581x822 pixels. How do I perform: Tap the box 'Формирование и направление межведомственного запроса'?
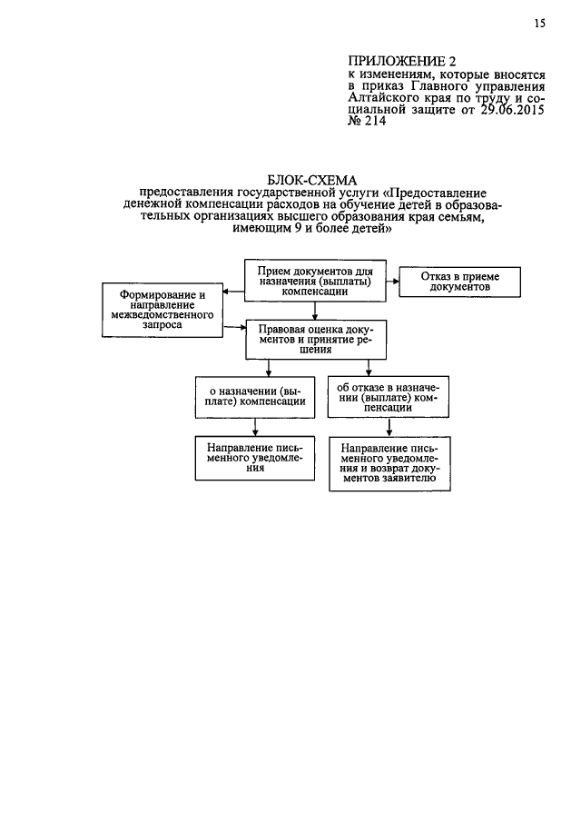tap(164, 310)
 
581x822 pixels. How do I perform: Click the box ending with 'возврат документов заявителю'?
tap(387, 464)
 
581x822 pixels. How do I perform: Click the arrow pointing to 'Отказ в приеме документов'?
tap(393, 281)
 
